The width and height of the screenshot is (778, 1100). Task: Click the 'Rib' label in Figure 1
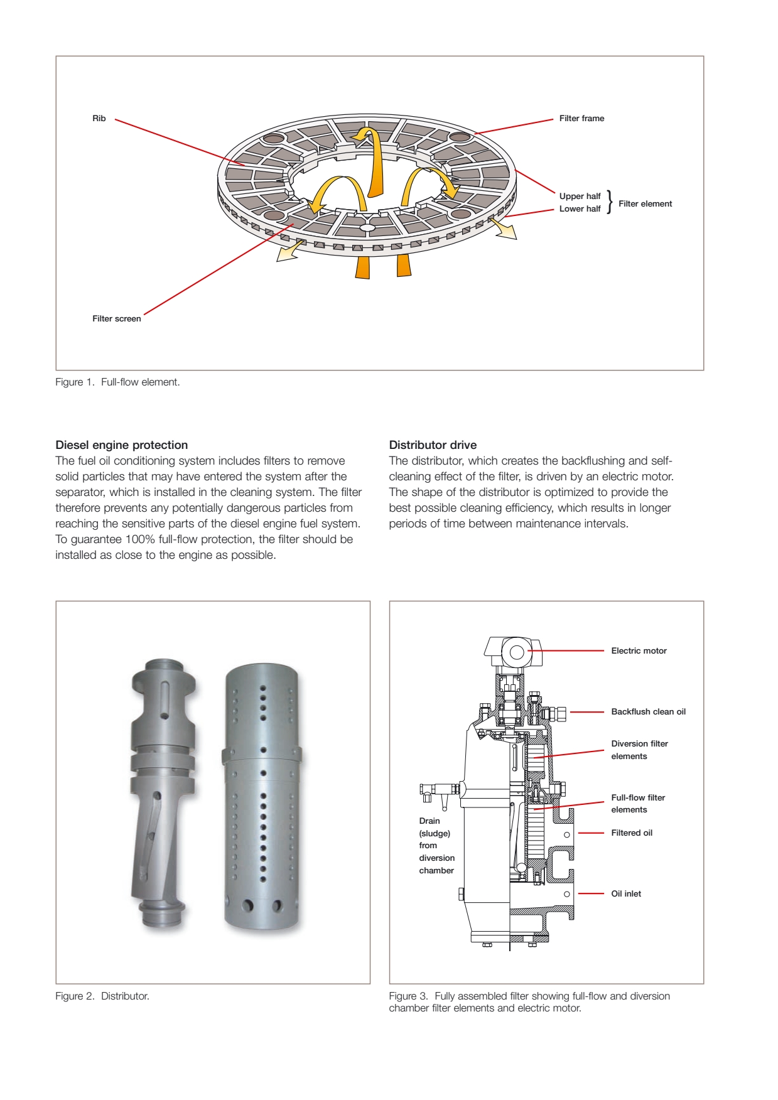click(99, 119)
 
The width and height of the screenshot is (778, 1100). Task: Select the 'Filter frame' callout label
click(581, 119)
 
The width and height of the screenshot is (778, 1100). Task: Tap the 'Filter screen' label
click(117, 319)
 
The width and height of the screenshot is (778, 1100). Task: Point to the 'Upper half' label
click(580, 197)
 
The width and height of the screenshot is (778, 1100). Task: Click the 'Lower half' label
click(580, 209)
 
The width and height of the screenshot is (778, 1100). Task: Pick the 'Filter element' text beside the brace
click(645, 204)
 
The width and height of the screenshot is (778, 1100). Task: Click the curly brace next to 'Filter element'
click(609, 202)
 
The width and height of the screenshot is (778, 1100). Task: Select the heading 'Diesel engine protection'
click(122, 445)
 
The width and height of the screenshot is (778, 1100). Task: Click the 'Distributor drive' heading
click(433, 445)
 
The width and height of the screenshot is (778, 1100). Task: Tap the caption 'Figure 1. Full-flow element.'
click(117, 382)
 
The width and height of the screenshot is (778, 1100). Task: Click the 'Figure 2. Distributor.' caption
click(102, 996)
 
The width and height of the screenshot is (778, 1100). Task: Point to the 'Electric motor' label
click(639, 651)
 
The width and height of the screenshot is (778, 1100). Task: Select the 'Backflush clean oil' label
click(648, 712)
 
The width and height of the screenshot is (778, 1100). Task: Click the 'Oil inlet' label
click(626, 894)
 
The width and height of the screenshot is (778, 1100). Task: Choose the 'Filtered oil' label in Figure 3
click(632, 833)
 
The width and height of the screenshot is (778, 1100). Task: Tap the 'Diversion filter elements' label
click(639, 750)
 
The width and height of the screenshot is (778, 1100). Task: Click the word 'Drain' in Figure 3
click(430, 821)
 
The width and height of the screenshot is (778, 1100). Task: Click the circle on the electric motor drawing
click(517, 652)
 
